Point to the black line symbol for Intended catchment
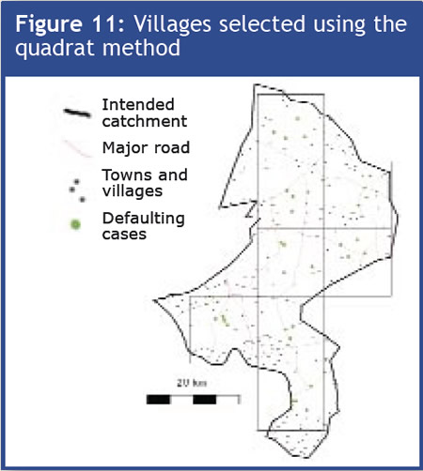point(78,113)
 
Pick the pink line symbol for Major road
point(78,147)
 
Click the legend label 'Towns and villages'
point(143,182)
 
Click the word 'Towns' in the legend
point(124,175)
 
